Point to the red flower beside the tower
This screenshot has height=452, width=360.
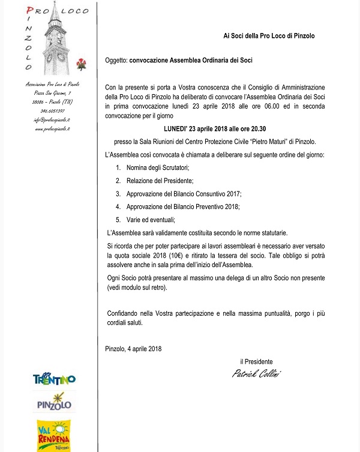(82, 62)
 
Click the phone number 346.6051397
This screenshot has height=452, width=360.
(53, 111)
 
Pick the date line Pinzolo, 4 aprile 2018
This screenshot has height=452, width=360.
(133, 348)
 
